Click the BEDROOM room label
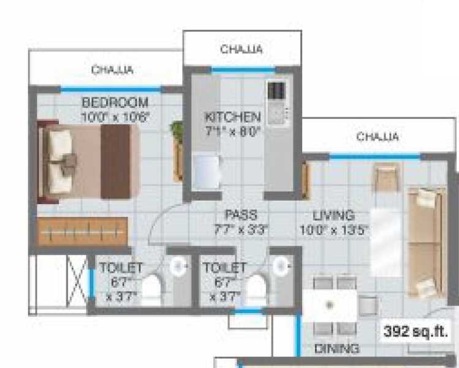[115, 101]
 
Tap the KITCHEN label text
[233, 117]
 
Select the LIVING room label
[333, 215]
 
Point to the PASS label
[240, 215]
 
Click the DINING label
[336, 350]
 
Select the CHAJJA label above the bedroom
[112, 69]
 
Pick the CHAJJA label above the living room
[377, 136]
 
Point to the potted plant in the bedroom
[178, 130]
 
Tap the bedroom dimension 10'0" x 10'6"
[115, 115]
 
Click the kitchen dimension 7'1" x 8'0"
[233, 130]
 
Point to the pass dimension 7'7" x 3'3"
[240, 230]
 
